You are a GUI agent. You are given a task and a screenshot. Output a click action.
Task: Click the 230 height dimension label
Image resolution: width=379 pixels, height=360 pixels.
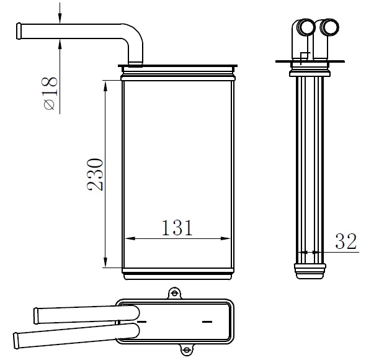pos(96,174)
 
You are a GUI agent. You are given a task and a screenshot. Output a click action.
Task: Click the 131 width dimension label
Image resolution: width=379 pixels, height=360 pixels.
pos(177,227)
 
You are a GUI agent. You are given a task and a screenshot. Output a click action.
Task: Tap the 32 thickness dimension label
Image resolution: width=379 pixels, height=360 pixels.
pos(346,241)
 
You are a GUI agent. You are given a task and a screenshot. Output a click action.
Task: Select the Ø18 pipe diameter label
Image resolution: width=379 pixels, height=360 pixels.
pos(51,93)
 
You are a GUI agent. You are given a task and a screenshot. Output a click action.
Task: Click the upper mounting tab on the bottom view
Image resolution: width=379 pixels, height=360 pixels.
pos(174,293)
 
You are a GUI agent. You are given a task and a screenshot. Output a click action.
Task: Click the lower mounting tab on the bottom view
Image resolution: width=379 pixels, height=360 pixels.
pos(186,349)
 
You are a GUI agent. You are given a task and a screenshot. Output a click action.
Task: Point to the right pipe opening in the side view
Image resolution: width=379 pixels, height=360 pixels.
pos(330,27)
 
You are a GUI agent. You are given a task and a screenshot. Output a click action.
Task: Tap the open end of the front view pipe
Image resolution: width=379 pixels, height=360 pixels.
pos(19,31)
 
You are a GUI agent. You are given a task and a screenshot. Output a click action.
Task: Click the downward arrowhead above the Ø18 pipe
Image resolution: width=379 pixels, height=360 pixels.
pos(60,19)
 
